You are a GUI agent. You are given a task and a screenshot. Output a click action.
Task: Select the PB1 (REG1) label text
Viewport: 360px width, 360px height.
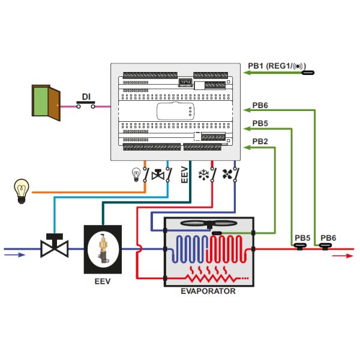(x=277, y=65)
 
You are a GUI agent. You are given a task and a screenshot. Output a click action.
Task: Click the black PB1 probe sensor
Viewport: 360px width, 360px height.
(x=308, y=73)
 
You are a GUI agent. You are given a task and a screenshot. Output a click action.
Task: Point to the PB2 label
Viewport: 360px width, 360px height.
(x=260, y=142)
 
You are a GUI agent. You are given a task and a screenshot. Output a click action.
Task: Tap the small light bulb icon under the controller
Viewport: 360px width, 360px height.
(x=135, y=175)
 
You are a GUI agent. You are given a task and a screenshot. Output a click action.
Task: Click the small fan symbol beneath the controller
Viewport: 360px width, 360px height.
(x=227, y=175)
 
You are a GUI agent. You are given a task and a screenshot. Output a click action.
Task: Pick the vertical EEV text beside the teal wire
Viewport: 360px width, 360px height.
(x=184, y=175)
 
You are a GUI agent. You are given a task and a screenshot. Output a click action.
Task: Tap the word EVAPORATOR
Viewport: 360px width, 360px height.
(x=208, y=292)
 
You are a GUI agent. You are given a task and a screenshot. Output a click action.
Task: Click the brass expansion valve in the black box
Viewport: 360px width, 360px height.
(x=103, y=248)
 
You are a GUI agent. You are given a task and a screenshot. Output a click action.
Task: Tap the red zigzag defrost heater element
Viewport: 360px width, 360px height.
(x=210, y=278)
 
